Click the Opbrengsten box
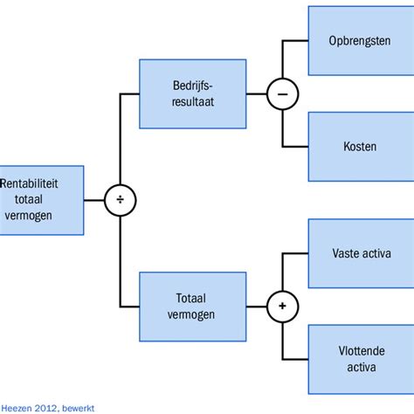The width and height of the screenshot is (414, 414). click(x=360, y=42)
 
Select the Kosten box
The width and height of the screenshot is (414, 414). click(x=360, y=146)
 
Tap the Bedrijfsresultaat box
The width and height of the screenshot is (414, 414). click(x=193, y=93)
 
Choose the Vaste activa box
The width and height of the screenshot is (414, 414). click(x=360, y=254)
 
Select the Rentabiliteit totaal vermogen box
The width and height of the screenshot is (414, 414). click(x=42, y=200)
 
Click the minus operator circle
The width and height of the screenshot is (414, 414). click(x=282, y=93)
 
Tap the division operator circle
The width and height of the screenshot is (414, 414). click(x=121, y=201)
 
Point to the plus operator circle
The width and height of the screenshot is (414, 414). click(x=282, y=307)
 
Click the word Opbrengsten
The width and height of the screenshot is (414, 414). click(x=360, y=42)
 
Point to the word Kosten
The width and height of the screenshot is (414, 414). click(x=360, y=146)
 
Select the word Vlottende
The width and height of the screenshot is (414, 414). click(x=360, y=351)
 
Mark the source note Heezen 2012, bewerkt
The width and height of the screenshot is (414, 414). click(x=47, y=407)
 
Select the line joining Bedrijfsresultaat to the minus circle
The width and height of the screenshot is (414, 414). click(x=256, y=93)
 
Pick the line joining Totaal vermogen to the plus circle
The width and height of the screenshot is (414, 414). click(x=256, y=307)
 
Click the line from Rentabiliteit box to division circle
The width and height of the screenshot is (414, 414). click(x=94, y=201)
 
